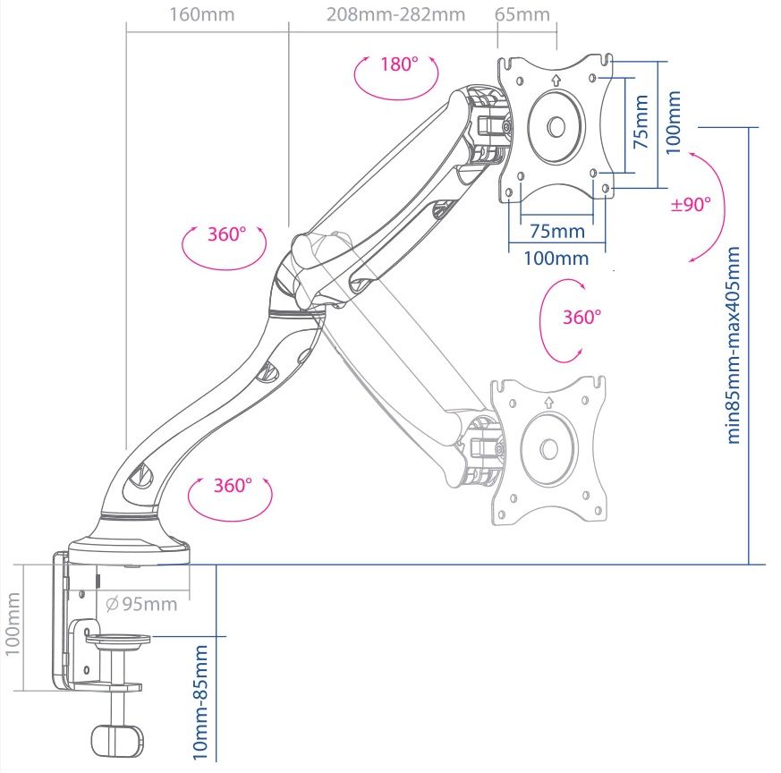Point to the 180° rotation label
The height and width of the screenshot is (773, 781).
point(398,64)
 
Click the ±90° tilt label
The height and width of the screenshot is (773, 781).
point(691,204)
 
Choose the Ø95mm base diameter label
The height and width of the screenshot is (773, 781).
point(141,604)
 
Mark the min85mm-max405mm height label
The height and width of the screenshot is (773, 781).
point(735,344)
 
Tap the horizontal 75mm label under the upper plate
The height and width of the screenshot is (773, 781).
point(556,231)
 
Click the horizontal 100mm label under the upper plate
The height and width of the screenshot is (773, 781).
point(556,259)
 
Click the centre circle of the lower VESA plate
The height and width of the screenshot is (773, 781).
point(548,450)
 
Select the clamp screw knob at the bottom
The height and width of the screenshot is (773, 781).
point(116,739)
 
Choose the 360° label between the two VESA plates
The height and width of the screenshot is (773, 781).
point(582,317)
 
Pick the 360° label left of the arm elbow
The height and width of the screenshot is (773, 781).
point(225,234)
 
